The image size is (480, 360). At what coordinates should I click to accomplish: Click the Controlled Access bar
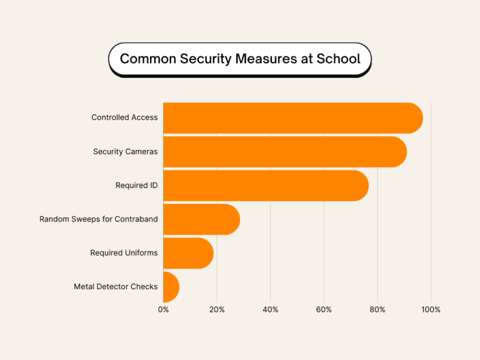(x=293, y=118)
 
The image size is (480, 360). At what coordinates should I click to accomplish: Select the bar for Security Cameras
(x=285, y=152)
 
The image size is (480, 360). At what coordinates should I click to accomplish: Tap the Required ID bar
(x=266, y=185)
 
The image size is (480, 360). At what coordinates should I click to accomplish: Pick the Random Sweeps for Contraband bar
(x=202, y=219)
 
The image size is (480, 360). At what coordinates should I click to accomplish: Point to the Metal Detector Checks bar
(x=171, y=287)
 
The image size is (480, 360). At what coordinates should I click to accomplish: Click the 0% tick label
(x=163, y=310)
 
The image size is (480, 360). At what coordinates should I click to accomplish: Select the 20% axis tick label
(x=217, y=310)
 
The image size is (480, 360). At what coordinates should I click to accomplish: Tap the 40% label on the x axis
(x=270, y=310)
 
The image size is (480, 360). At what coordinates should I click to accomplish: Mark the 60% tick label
(x=324, y=310)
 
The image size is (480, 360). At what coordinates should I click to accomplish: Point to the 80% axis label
(x=377, y=310)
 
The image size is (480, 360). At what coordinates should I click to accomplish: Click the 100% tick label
(x=431, y=310)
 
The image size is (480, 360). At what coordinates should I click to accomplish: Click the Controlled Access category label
(x=124, y=118)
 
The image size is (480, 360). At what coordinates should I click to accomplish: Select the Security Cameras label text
(x=125, y=152)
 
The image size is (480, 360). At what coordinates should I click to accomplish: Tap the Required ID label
(x=136, y=185)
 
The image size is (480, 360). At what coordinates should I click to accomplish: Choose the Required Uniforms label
(x=124, y=253)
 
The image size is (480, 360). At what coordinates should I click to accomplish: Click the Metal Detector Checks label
(x=116, y=287)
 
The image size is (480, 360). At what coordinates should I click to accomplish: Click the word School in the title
(x=340, y=59)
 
